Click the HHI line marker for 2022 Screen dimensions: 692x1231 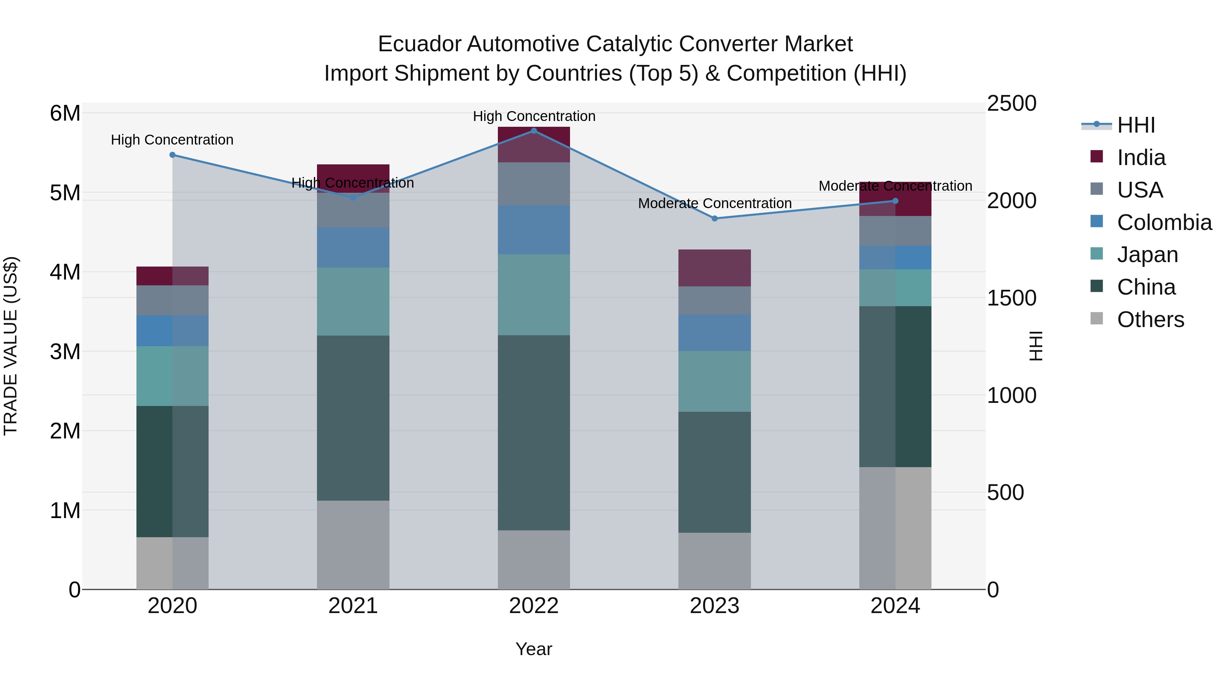534,131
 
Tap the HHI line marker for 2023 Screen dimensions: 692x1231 714,218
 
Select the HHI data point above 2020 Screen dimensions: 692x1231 173,155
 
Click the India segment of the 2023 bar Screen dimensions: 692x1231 714,268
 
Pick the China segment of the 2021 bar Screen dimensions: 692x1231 353,418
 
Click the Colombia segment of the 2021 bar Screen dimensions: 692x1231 353,247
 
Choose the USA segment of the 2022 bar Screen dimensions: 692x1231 534,184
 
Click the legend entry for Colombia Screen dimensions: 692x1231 1164,222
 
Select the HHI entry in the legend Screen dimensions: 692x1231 1135,125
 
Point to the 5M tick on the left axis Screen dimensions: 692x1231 65,193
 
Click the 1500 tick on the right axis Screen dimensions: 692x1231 1011,298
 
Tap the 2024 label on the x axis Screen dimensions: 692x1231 895,606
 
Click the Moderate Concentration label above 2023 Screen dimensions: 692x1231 714,203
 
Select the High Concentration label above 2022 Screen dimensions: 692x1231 534,116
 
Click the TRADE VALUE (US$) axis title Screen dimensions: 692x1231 11,346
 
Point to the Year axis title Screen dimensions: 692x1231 534,649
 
